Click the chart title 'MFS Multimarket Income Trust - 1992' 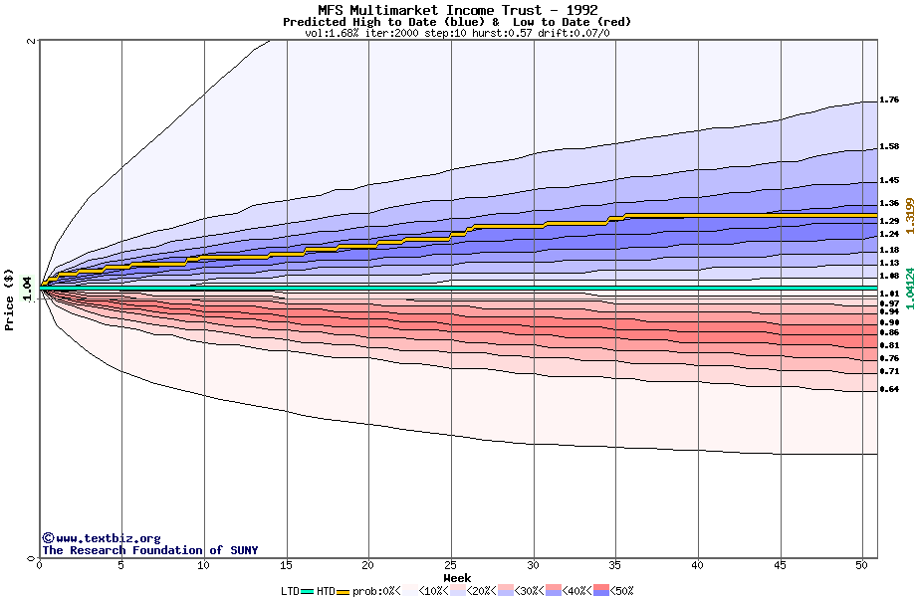[x=457, y=10]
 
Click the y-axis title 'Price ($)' [x=10, y=299]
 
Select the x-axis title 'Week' [x=457, y=577]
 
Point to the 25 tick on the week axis [x=451, y=565]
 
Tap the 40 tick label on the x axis [x=698, y=565]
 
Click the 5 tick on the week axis [x=121, y=565]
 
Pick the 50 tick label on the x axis [x=862, y=565]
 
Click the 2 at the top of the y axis [x=32, y=41]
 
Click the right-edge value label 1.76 [x=890, y=100]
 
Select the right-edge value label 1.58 [x=890, y=147]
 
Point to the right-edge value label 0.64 [x=890, y=389]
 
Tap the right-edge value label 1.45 [x=890, y=181]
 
